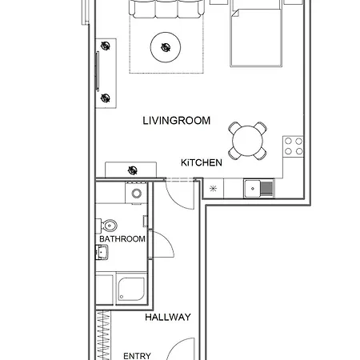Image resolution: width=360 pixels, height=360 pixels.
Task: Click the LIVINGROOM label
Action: (x=177, y=121)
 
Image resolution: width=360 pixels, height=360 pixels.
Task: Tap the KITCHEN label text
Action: (x=202, y=162)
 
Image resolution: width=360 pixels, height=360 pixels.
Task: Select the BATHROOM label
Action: (x=122, y=238)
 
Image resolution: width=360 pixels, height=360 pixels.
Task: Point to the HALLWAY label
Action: (x=168, y=317)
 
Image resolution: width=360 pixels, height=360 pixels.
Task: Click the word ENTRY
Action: (x=137, y=356)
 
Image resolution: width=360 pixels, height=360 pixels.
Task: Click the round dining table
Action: (x=247, y=141)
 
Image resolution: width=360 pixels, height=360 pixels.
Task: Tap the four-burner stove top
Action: (x=294, y=146)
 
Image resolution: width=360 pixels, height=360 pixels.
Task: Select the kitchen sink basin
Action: (x=253, y=189)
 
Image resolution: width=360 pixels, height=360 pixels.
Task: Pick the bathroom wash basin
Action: (x=102, y=253)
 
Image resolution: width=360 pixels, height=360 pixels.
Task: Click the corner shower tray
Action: (x=131, y=289)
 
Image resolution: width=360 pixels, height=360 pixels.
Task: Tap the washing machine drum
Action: (x=136, y=194)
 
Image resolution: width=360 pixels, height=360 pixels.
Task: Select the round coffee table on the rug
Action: (x=166, y=47)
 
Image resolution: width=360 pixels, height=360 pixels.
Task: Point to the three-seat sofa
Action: (x=166, y=9)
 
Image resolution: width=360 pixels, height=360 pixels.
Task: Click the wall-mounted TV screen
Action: (x=98, y=71)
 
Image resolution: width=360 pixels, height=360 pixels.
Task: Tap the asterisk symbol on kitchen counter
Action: (x=213, y=189)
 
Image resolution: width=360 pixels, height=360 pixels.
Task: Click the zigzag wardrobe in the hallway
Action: (x=103, y=335)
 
